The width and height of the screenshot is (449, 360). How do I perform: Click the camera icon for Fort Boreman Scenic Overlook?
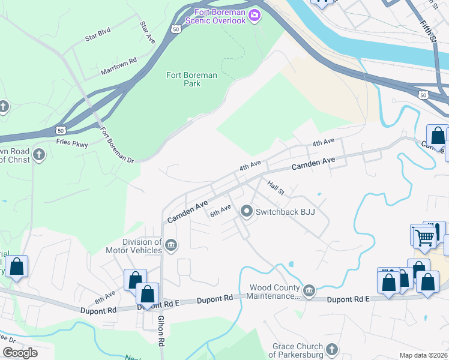pos(255,14)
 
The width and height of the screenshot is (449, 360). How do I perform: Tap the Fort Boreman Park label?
pos(191,80)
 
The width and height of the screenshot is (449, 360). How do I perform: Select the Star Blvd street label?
pos(99,37)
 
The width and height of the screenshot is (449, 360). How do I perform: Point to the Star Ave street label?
pos(147,31)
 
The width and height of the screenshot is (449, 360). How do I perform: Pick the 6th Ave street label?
pos(220,211)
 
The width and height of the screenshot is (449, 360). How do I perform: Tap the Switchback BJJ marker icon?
pos(246,212)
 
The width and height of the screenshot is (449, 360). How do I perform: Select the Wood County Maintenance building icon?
pos(309,292)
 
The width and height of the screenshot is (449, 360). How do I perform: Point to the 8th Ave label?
pos(104,296)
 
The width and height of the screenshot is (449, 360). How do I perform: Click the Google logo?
pos(20,353)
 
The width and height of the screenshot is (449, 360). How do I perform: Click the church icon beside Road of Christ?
pos(39,155)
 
